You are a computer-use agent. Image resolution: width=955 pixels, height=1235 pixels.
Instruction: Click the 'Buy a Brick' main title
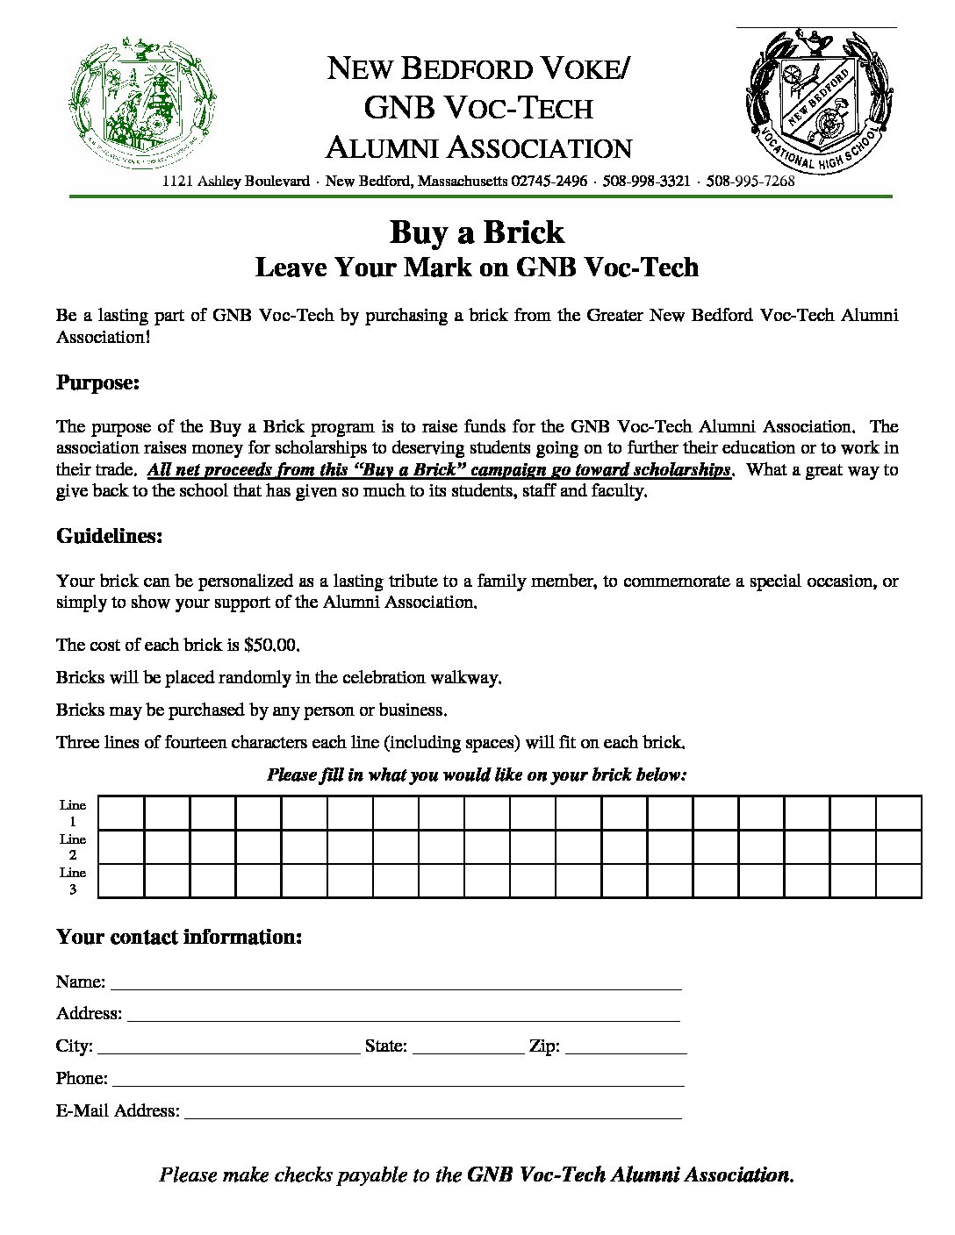tap(477, 232)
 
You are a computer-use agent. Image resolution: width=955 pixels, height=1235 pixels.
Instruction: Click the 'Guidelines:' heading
tap(110, 536)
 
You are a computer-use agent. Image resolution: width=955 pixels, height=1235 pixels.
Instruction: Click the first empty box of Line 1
tap(121, 813)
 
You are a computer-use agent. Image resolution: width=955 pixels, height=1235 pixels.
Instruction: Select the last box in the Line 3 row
tap(898, 881)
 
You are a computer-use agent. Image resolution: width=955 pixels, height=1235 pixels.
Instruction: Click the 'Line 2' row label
tap(73, 847)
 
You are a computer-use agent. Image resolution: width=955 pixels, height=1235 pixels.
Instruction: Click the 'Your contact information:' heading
tap(179, 937)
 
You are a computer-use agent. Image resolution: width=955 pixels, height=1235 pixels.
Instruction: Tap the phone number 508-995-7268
tap(750, 182)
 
